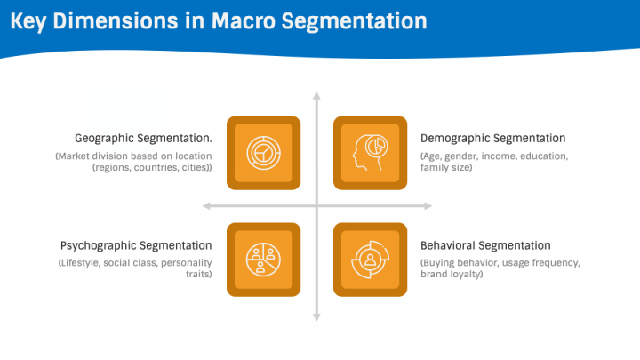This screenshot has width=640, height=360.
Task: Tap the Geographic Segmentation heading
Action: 143,139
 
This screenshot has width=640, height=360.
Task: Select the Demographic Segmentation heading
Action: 492,139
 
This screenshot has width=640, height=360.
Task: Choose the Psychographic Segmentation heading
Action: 136,245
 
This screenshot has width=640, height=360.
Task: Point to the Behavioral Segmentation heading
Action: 485,245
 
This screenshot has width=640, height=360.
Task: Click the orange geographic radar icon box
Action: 263,153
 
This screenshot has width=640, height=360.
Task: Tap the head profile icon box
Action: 370,153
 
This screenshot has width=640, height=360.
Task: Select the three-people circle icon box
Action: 263,260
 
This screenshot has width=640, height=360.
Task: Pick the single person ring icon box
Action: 370,260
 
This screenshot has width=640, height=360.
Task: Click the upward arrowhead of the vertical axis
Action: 316,94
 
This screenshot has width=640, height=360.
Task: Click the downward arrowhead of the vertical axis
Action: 316,316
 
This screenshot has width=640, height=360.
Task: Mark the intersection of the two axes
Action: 316,206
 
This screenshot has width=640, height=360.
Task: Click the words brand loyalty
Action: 452,275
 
